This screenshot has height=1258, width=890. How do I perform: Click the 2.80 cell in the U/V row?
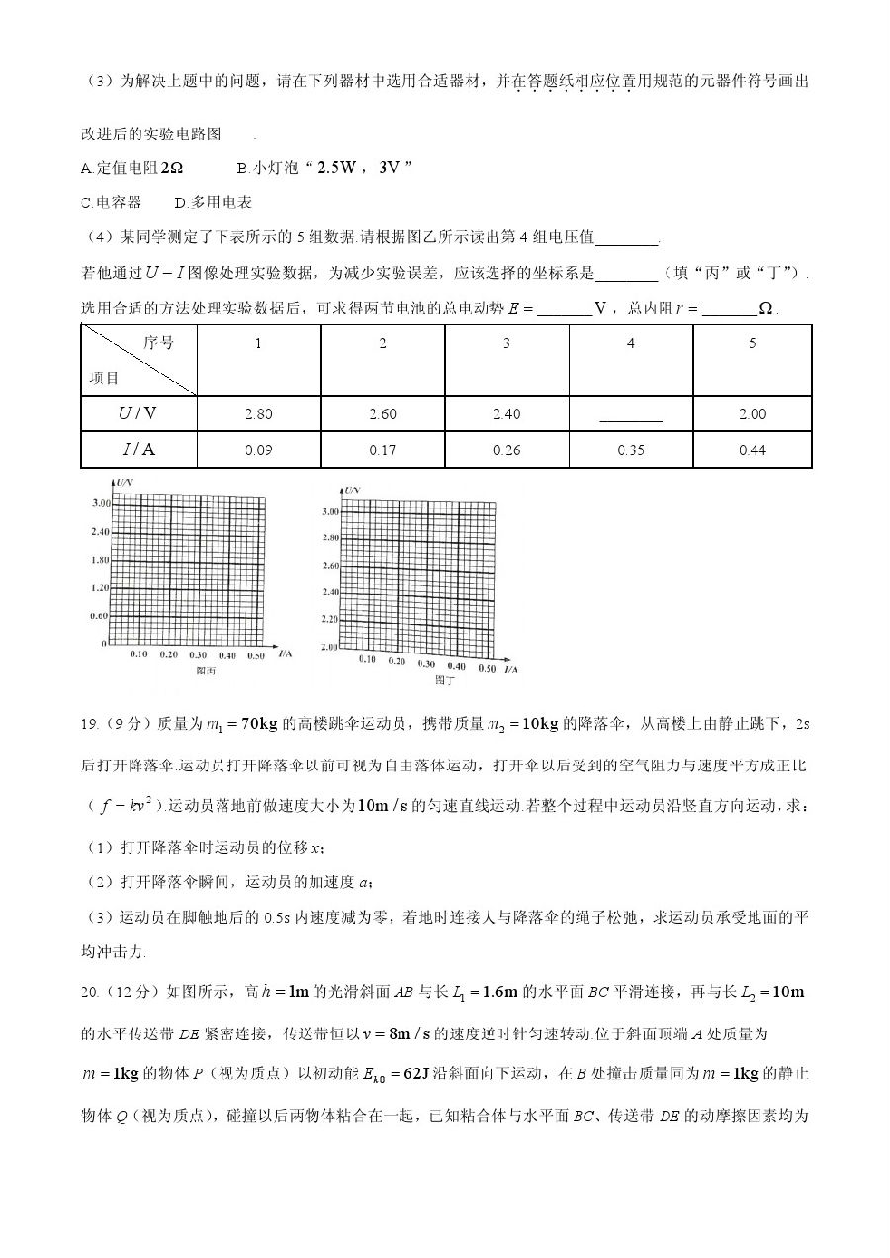click(x=257, y=414)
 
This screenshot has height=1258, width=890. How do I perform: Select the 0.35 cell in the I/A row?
click(x=630, y=450)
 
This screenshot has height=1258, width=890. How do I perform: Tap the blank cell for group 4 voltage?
click(x=630, y=414)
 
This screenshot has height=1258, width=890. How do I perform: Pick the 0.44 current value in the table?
click(x=752, y=450)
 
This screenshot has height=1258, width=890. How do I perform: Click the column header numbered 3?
click(x=506, y=344)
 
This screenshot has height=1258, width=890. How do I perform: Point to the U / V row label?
click(x=138, y=414)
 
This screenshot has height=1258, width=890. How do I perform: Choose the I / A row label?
click(x=138, y=450)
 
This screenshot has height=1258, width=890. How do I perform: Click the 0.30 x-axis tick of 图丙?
click(x=198, y=655)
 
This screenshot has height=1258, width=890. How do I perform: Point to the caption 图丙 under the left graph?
click(x=206, y=672)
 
